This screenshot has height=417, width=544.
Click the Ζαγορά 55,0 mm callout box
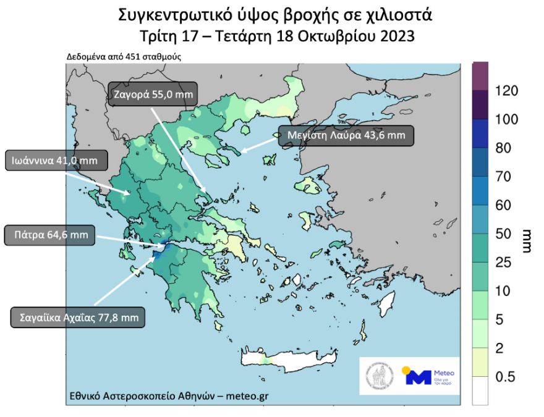(x=153, y=95)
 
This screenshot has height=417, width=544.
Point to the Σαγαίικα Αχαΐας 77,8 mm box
(x=78, y=318)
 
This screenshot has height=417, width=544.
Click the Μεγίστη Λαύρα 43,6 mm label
(x=346, y=135)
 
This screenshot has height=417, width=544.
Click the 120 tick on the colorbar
(x=507, y=91)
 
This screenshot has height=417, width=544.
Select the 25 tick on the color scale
(x=503, y=263)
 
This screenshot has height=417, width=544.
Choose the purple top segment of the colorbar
(x=480, y=76)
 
